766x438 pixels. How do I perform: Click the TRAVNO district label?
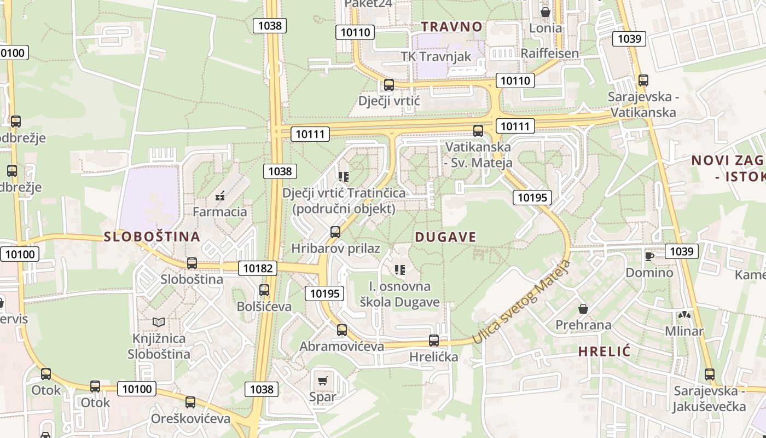[451, 26]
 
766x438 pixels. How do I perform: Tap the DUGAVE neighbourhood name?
[445, 237]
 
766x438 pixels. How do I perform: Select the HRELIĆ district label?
[605, 351]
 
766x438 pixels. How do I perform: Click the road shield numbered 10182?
[257, 268]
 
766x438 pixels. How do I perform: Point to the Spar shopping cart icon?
[322, 379]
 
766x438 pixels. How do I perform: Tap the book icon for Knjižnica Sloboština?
[159, 322]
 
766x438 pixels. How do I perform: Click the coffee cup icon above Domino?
[649, 256]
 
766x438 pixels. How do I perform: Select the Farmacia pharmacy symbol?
[220, 195]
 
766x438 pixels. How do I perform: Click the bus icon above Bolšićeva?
[264, 290]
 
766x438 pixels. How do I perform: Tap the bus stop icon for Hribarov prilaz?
[335, 232]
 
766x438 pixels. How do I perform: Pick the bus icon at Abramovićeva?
[342, 330]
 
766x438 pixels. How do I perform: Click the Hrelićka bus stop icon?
[434, 340]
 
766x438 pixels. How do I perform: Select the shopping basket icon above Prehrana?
[583, 309]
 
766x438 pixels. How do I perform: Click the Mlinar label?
[684, 331]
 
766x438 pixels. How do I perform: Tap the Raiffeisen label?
[549, 53]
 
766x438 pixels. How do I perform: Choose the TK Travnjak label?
[436, 56]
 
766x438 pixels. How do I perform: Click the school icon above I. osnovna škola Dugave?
[399, 269]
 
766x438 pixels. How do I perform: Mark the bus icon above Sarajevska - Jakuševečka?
[710, 374]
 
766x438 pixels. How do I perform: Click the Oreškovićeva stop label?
[191, 419]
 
